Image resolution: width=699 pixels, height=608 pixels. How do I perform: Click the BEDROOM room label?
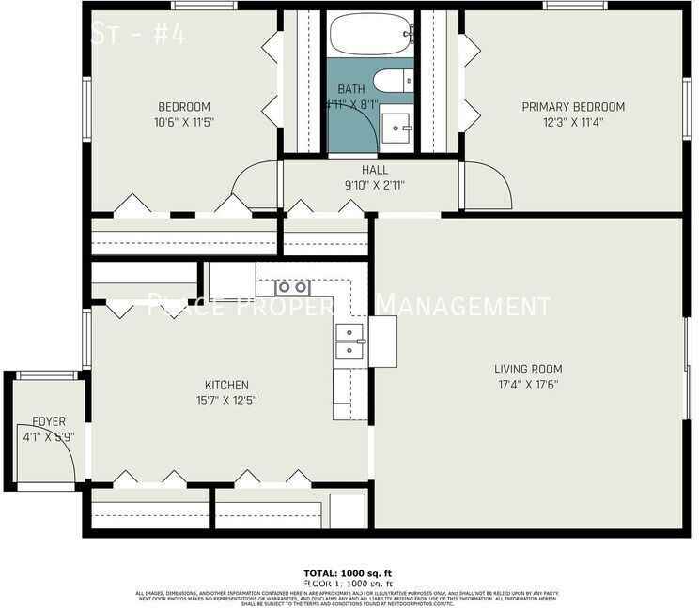[x=184, y=107]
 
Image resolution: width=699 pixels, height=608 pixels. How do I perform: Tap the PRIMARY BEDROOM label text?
[x=573, y=107]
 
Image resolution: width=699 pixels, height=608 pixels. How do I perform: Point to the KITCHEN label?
[x=227, y=385]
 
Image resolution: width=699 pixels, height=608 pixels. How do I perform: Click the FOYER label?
[x=49, y=421]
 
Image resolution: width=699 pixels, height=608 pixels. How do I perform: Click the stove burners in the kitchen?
[x=291, y=287]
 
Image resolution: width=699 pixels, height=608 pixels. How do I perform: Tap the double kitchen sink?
[x=350, y=342]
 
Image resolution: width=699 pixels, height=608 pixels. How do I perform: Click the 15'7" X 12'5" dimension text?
[x=227, y=400]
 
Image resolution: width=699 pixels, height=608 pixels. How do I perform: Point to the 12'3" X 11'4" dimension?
[x=573, y=121]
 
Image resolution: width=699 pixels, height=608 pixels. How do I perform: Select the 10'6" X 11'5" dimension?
[x=184, y=121]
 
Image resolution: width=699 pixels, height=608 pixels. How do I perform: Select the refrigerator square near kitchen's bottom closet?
[x=347, y=511]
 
